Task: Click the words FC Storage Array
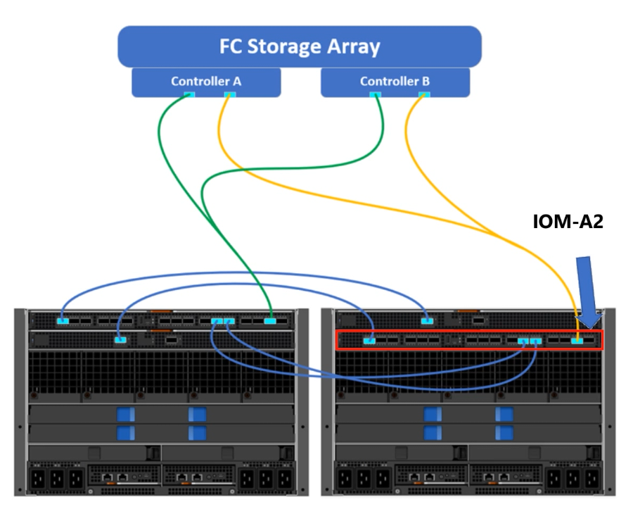299,47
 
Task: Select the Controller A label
206,81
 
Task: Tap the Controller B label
395,81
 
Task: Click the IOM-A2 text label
568,223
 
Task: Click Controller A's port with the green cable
188,95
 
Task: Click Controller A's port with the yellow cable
229,95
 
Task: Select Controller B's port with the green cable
376,95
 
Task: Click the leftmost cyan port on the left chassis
63,321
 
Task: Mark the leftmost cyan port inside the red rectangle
369,341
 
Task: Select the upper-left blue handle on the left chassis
127,415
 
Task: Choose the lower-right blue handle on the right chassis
504,432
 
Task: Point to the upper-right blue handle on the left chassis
197,415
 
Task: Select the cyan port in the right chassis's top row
426,321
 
